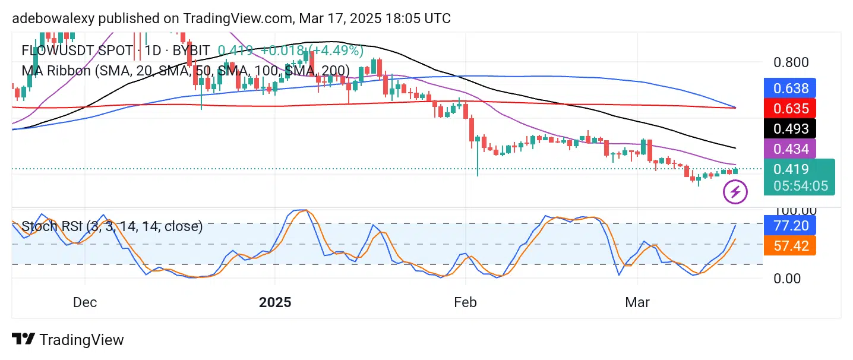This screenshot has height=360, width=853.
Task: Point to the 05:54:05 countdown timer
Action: pyautogui.click(x=800, y=186)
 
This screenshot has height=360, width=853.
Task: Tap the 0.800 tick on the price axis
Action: pyautogui.click(x=788, y=62)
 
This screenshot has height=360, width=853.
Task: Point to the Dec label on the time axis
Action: pyautogui.click(x=85, y=302)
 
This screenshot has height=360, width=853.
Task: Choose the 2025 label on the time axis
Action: pyautogui.click(x=275, y=302)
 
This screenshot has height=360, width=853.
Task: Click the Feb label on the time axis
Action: pyautogui.click(x=465, y=302)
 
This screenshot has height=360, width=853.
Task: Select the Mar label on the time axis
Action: pyautogui.click(x=637, y=302)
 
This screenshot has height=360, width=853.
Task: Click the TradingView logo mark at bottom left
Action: pyautogui.click(x=23, y=340)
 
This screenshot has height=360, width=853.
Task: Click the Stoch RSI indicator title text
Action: pyautogui.click(x=112, y=226)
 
